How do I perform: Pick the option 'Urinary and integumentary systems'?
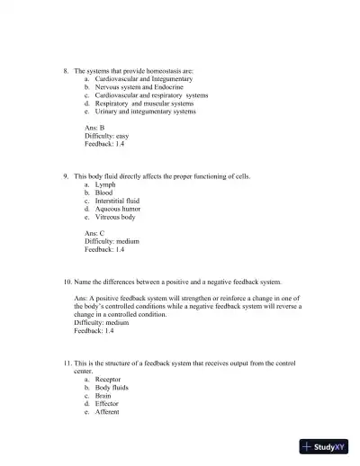145,112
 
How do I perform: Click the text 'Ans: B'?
94,128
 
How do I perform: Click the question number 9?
67,176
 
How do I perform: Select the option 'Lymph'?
104,184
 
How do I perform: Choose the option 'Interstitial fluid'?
117,201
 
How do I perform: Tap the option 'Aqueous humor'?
117,209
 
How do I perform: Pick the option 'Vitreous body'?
115,217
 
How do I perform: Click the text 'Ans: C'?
94,233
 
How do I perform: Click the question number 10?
67,282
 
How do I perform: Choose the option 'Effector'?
108,404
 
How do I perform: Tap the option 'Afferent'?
107,412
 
